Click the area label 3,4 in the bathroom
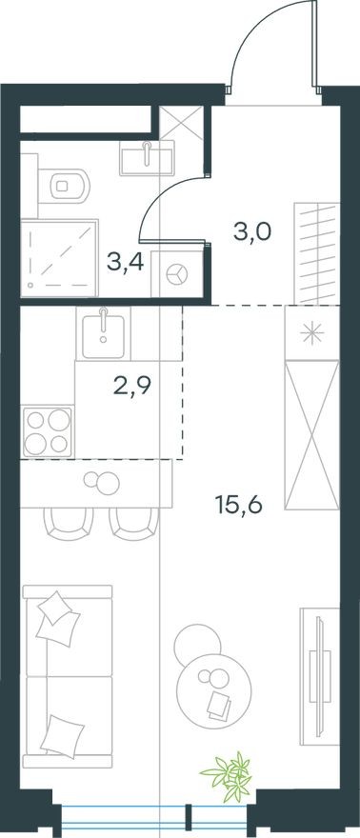click(125, 262)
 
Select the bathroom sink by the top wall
click(148, 156)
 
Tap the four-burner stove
click(48, 431)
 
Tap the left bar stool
click(64, 522)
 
